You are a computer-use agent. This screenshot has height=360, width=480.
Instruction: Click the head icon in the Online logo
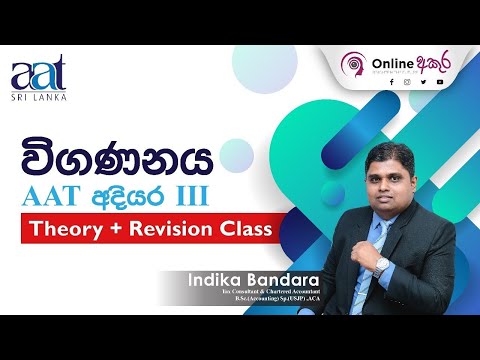(x=351, y=64)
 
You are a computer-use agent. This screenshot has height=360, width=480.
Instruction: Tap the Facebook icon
(x=391, y=83)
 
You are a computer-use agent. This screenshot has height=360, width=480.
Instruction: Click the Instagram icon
(x=407, y=83)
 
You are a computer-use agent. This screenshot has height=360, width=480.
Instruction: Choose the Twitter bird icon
(x=423, y=83)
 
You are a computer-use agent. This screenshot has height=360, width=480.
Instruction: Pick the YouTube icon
(x=439, y=83)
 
